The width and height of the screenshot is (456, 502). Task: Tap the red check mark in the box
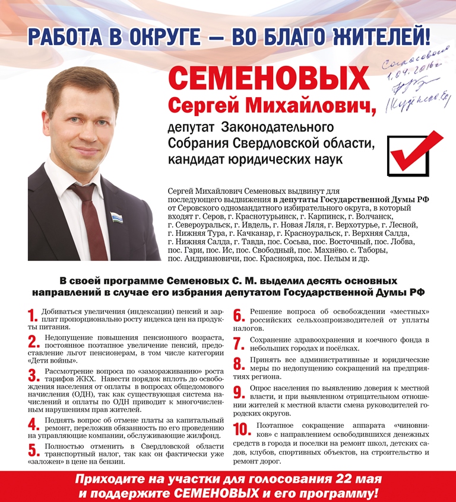tap(416, 152)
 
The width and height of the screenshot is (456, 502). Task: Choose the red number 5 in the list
tap(33, 452)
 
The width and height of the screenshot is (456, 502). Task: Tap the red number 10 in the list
tap(241, 431)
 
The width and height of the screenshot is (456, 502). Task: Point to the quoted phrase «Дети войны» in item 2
tap(52, 361)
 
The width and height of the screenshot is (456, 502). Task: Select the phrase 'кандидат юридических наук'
tap(255, 160)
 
